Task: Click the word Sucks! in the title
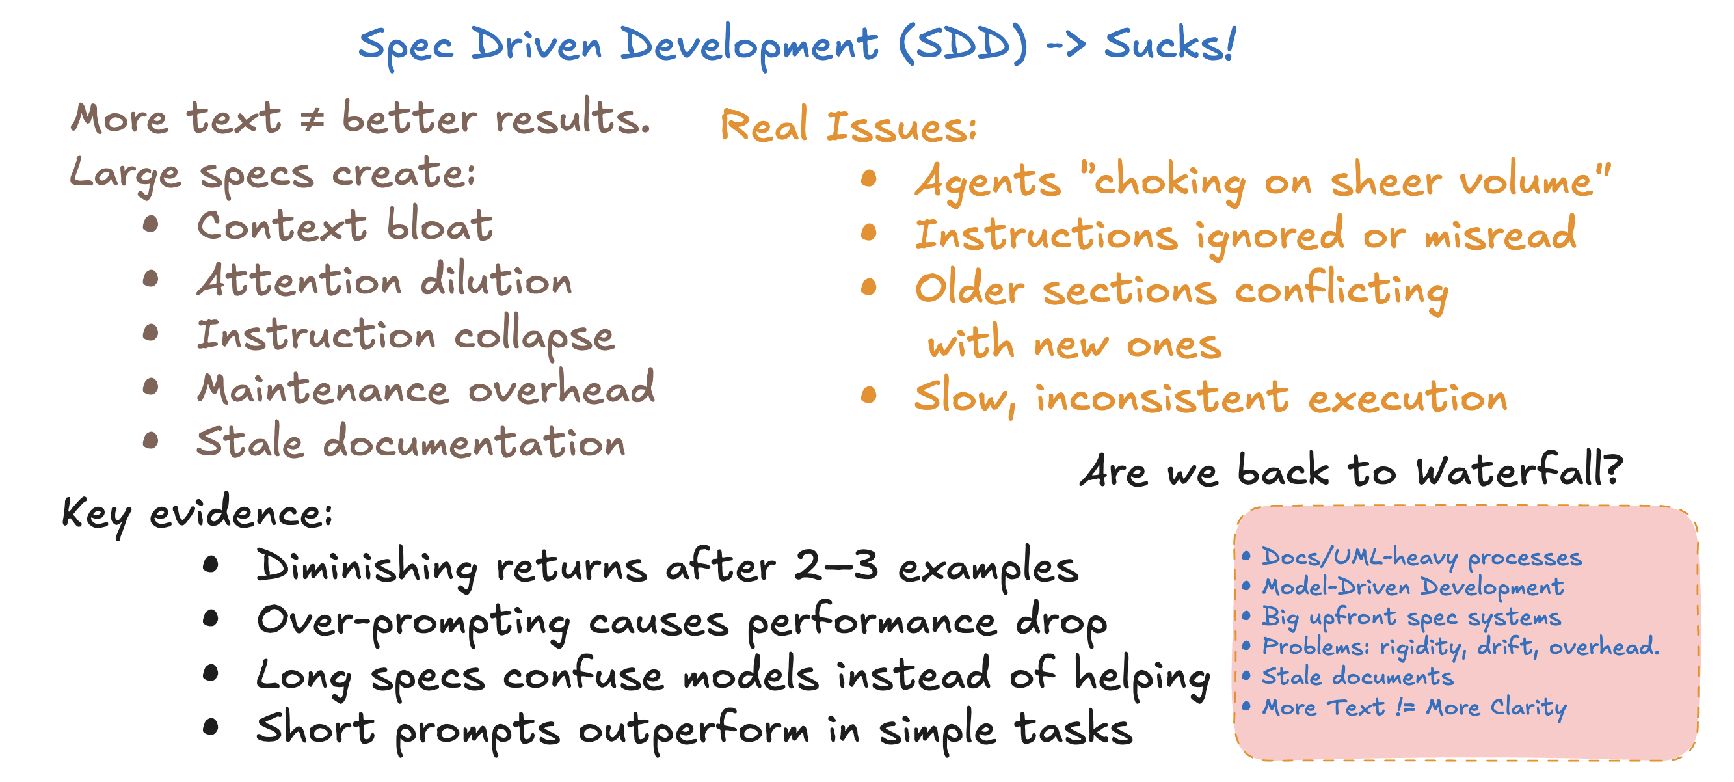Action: click(1169, 44)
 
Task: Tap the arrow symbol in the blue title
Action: click(1065, 45)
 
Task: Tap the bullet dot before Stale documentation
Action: click(151, 441)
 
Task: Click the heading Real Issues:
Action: click(848, 126)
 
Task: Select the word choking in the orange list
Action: click(1170, 182)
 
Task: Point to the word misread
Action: click(1500, 234)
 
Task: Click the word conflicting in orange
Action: click(1342, 290)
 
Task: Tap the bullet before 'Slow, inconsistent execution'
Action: click(869, 396)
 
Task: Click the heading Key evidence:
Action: click(197, 515)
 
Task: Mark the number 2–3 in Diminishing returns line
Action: click(836, 566)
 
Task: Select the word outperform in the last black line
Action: click(693, 729)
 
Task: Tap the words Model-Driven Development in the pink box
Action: click(1413, 587)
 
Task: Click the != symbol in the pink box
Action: click(1406, 707)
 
